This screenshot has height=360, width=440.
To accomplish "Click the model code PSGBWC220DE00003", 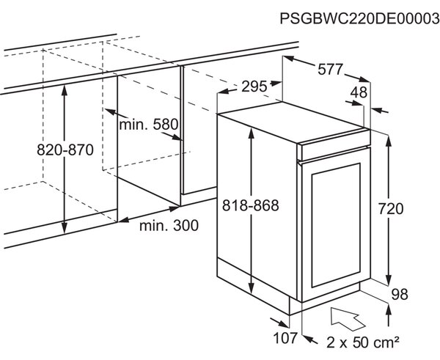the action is [360, 19].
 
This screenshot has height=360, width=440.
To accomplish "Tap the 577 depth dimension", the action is [330, 69].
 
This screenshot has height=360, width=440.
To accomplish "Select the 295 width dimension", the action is [254, 87].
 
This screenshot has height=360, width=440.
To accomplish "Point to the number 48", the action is [359, 92].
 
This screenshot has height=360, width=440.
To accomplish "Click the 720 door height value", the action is [391, 209].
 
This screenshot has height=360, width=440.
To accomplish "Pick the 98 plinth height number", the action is [400, 294].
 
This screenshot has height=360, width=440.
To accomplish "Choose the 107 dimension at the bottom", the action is [285, 338].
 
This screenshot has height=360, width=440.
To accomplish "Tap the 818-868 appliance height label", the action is [251, 205].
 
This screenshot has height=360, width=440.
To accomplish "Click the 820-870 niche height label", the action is [65, 150].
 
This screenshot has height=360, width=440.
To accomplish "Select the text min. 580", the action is [149, 124].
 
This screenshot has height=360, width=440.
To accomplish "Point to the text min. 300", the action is [169, 225].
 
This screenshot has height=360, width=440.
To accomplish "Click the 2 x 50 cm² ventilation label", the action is [362, 342].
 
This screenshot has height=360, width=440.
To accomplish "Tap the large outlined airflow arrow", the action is [347, 319].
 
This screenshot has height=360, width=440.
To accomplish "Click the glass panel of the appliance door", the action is [336, 225].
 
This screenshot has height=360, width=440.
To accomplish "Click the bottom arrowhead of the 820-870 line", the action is [65, 227].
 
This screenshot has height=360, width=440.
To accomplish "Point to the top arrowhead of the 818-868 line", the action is [252, 133].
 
